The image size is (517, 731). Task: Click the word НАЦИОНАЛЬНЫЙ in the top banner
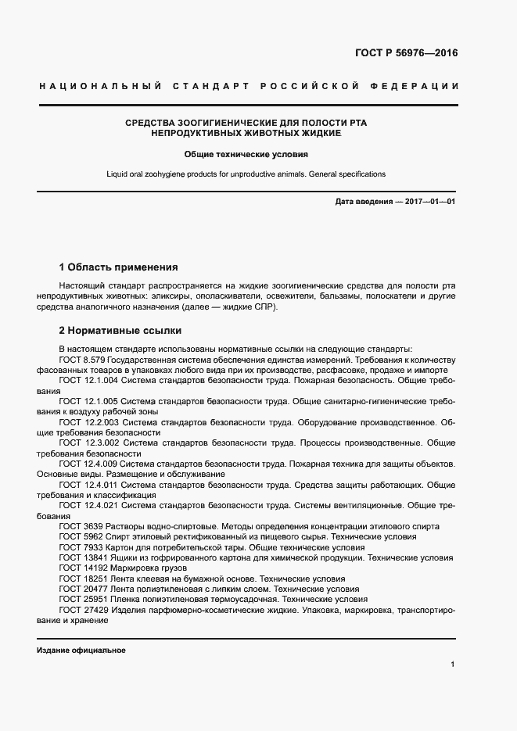click(x=100, y=85)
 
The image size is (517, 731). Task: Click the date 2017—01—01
click(x=427, y=202)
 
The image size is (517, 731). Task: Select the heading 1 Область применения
click(x=118, y=267)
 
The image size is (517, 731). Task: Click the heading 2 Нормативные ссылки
click(x=120, y=330)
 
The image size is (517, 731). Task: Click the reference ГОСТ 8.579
click(x=82, y=360)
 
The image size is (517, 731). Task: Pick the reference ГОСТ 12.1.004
click(x=88, y=379)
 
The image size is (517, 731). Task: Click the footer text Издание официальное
click(x=81, y=650)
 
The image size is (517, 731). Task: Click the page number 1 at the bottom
click(x=453, y=665)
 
